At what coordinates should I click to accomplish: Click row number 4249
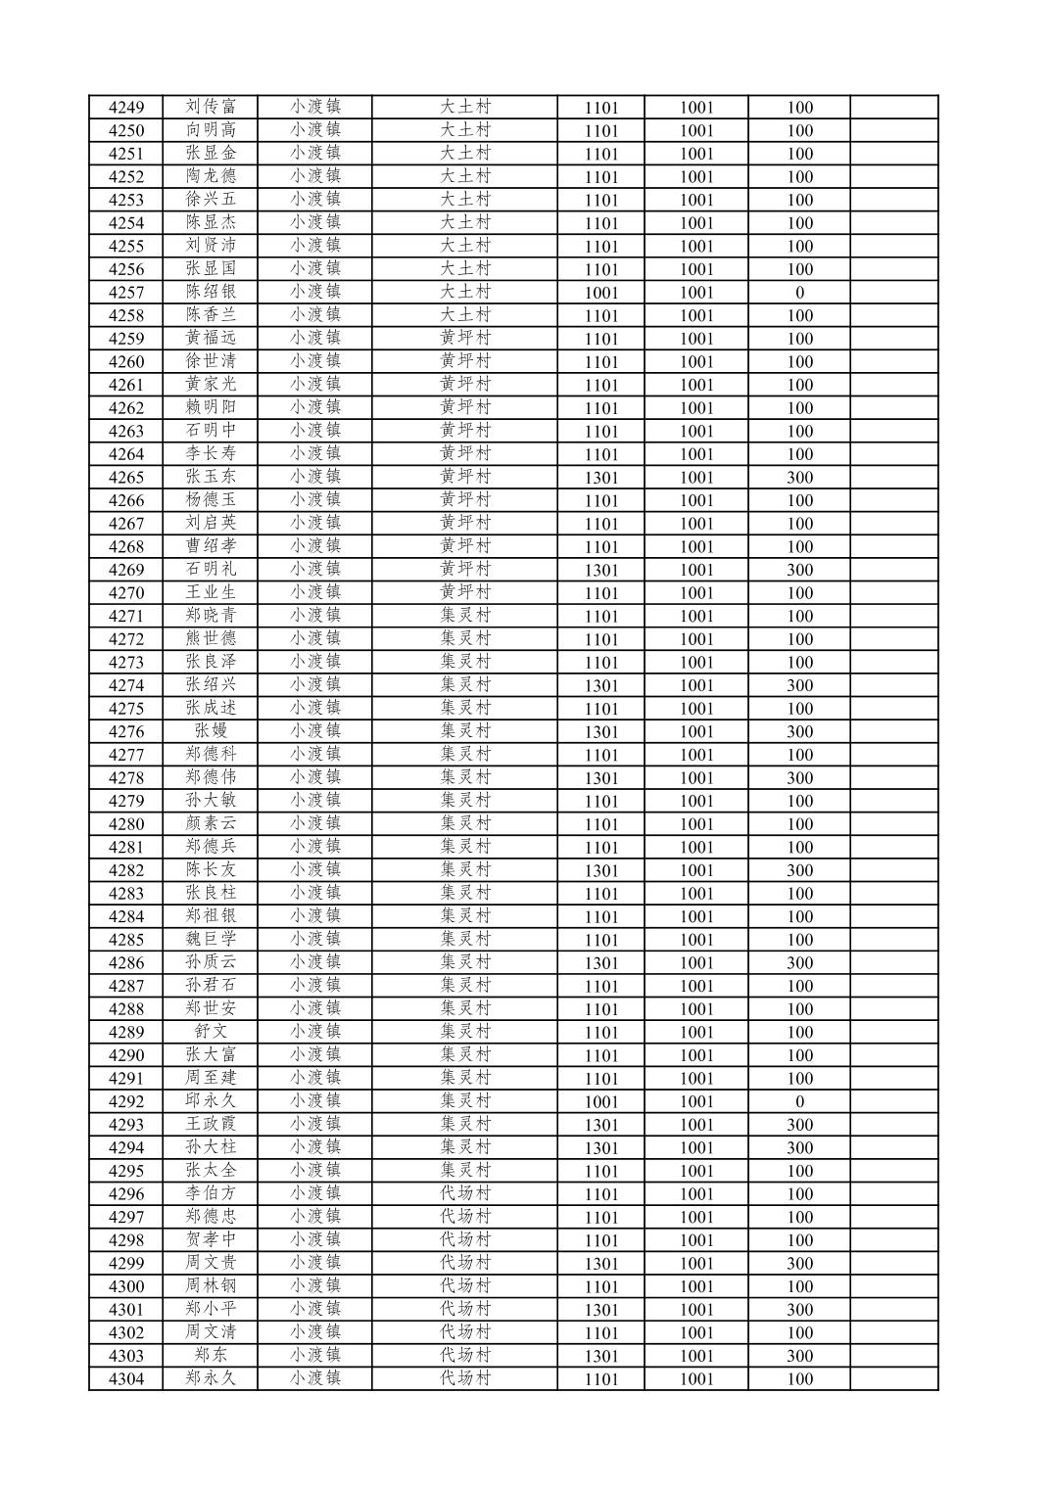[125, 108]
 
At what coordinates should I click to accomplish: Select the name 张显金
[211, 154]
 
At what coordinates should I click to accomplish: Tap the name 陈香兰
[211, 315]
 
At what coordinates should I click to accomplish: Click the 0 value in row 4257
[799, 293]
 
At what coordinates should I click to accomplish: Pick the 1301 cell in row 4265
[600, 478]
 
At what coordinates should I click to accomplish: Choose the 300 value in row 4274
[799, 685]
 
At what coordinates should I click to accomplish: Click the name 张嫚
[211, 731]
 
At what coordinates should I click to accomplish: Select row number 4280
[125, 824]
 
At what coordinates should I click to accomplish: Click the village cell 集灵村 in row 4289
[464, 1032]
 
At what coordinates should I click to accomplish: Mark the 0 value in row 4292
[799, 1101]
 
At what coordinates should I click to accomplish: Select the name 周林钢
[211, 1286]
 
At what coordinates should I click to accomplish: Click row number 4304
[125, 1379]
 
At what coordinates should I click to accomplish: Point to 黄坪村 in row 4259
[464, 339]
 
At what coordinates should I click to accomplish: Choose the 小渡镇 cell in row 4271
[314, 616]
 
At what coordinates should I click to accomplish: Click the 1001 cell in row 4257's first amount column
[600, 293]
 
